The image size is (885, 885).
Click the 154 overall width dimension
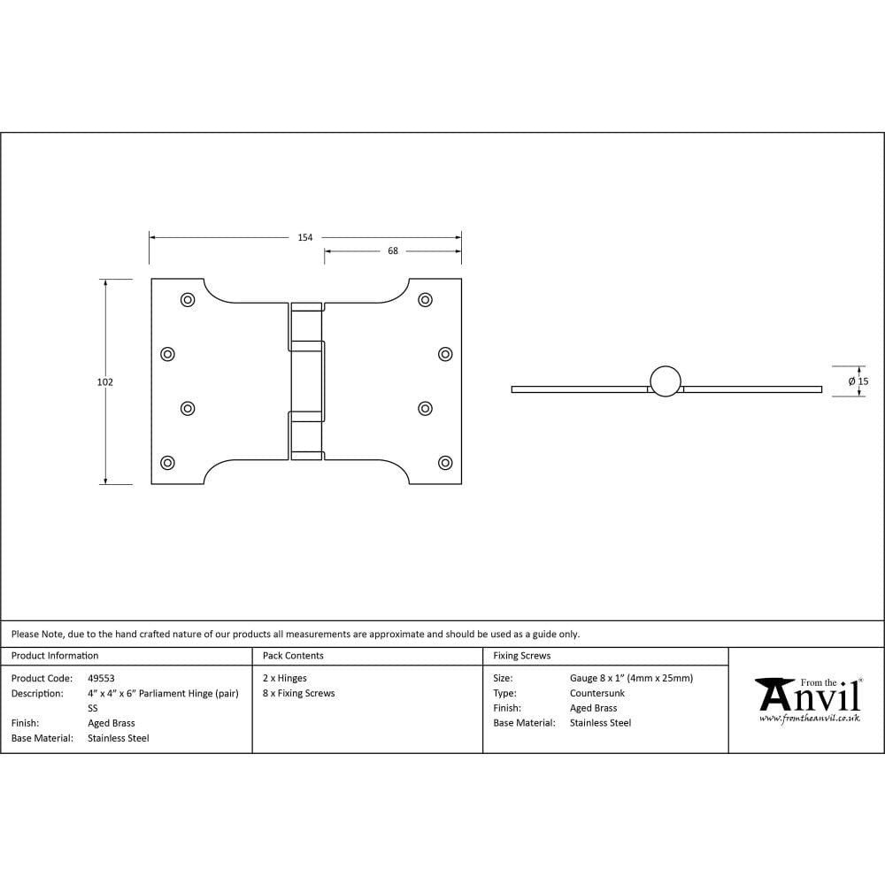pyautogui.click(x=304, y=237)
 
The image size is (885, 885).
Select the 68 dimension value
pyautogui.click(x=393, y=251)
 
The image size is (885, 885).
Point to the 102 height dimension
pyautogui.click(x=105, y=382)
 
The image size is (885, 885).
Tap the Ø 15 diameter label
pyautogui.click(x=858, y=381)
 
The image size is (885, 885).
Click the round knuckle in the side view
pyautogui.click(x=666, y=381)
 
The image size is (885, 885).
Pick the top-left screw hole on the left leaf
pyautogui.click(x=188, y=300)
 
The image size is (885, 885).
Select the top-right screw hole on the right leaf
pyautogui.click(x=425, y=300)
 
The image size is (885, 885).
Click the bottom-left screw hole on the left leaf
pyautogui.click(x=167, y=462)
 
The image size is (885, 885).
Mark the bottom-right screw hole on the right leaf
pyautogui.click(x=445, y=462)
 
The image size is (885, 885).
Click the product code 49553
pyautogui.click(x=101, y=679)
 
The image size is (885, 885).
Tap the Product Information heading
pyautogui.click(x=55, y=656)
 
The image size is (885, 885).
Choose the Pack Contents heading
pyautogui.click(x=293, y=656)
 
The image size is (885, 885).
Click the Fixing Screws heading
pyautogui.click(x=521, y=656)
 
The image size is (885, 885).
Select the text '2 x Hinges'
pyautogui.click(x=285, y=679)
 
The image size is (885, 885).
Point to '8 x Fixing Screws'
pyautogui.click(x=299, y=694)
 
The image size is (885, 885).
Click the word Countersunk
pyautogui.click(x=596, y=694)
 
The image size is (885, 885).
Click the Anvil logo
pyautogui.click(x=807, y=696)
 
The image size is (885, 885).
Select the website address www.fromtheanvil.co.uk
pyautogui.click(x=809, y=719)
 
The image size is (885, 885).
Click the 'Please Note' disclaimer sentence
pyautogui.click(x=296, y=635)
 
